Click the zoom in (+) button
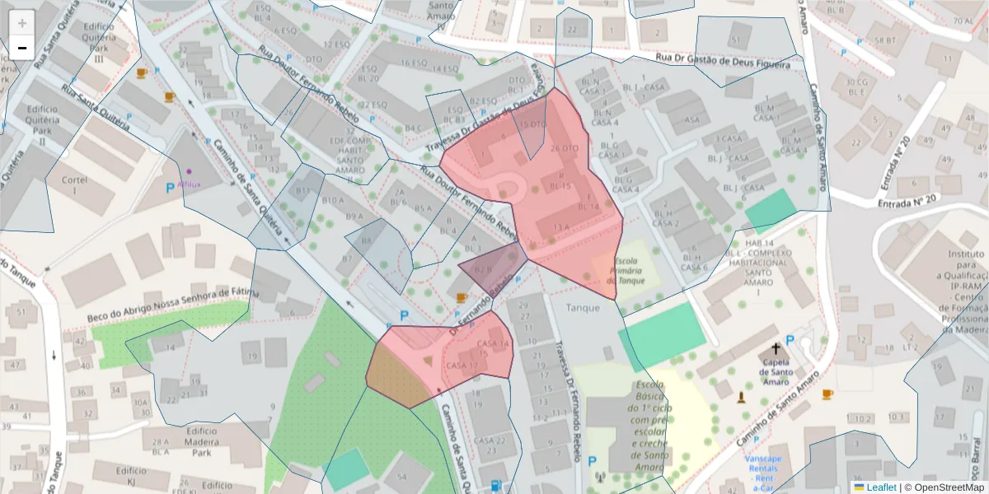pos(22,22)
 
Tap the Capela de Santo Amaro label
pos(776,370)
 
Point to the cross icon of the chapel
pos(776,348)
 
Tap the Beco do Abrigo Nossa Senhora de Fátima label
pos(173,305)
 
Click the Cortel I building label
pos(75,185)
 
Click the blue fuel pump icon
pos(494,486)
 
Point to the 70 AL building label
pos(962,21)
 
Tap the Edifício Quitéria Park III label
pos(98,42)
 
